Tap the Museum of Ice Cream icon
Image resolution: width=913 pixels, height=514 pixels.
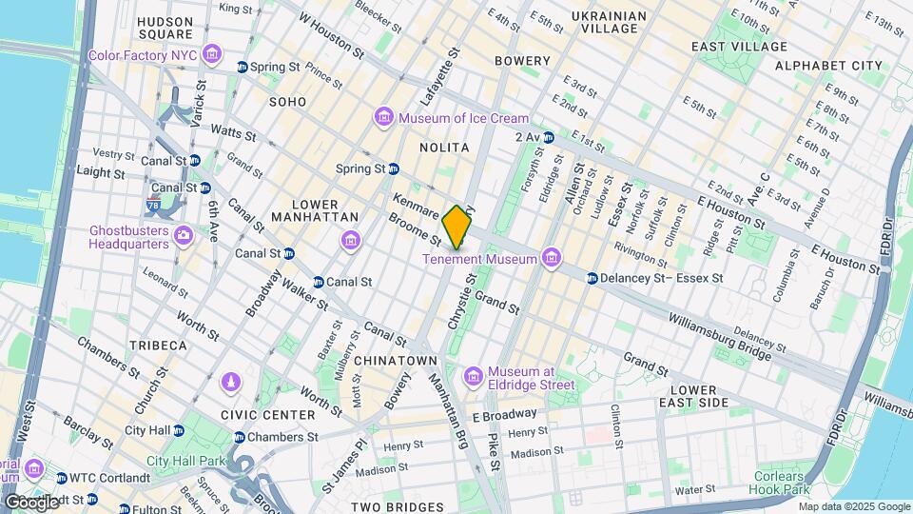click(x=384, y=118)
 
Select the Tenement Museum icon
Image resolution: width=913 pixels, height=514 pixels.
click(x=550, y=258)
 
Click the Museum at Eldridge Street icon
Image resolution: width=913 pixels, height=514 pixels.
click(x=474, y=377)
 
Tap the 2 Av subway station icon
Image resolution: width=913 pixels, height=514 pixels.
click(x=548, y=138)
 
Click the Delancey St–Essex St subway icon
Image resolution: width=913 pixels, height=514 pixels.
click(x=592, y=278)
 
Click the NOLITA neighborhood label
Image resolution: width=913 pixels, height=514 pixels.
click(x=444, y=148)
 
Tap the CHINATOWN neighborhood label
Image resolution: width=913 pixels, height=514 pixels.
click(x=395, y=361)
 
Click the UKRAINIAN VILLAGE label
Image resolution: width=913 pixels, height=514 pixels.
click(x=609, y=23)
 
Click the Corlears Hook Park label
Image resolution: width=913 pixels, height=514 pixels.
click(x=783, y=482)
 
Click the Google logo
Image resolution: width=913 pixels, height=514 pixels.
click(x=30, y=502)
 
